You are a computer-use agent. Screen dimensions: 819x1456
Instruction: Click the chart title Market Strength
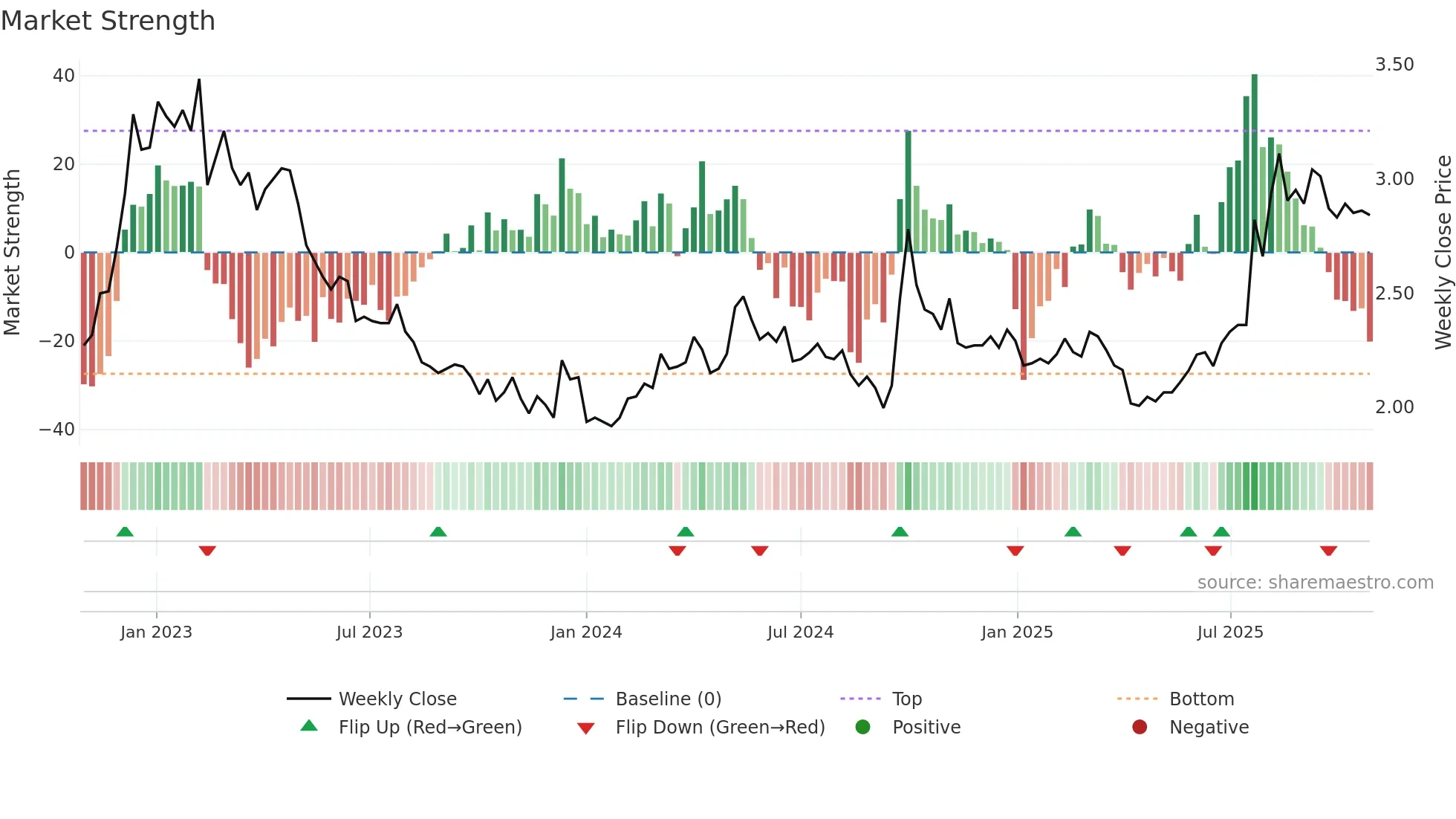(108, 21)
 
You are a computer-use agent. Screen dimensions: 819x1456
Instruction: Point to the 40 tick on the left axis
(64, 76)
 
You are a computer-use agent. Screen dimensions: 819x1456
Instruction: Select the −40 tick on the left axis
(57, 430)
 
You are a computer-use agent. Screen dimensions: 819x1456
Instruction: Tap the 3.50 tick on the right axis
(1394, 65)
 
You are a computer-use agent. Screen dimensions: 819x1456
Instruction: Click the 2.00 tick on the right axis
(1394, 407)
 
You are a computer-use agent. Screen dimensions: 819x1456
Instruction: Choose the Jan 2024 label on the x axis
(586, 632)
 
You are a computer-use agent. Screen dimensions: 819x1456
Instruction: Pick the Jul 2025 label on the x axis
(1230, 632)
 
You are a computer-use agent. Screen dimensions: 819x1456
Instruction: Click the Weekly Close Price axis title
(1443, 253)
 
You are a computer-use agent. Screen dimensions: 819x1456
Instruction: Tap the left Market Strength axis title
(13, 253)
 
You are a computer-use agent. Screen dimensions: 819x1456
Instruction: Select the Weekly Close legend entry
(397, 699)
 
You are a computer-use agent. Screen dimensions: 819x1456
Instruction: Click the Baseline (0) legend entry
(668, 699)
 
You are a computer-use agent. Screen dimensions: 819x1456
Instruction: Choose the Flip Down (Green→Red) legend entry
(720, 728)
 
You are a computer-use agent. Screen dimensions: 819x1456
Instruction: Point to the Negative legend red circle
(1140, 728)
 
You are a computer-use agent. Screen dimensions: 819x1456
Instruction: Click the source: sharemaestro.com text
(1315, 583)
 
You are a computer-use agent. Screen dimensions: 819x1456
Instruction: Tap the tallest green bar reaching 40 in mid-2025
(1255, 164)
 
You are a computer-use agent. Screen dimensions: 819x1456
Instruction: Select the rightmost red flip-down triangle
(1329, 551)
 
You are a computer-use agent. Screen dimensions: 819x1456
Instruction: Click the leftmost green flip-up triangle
(125, 532)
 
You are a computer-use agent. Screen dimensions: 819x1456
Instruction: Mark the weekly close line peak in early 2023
(199, 80)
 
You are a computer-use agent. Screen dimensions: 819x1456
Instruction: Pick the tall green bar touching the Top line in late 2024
(908, 192)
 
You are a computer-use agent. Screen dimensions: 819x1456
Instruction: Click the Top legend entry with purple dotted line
(906, 699)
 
